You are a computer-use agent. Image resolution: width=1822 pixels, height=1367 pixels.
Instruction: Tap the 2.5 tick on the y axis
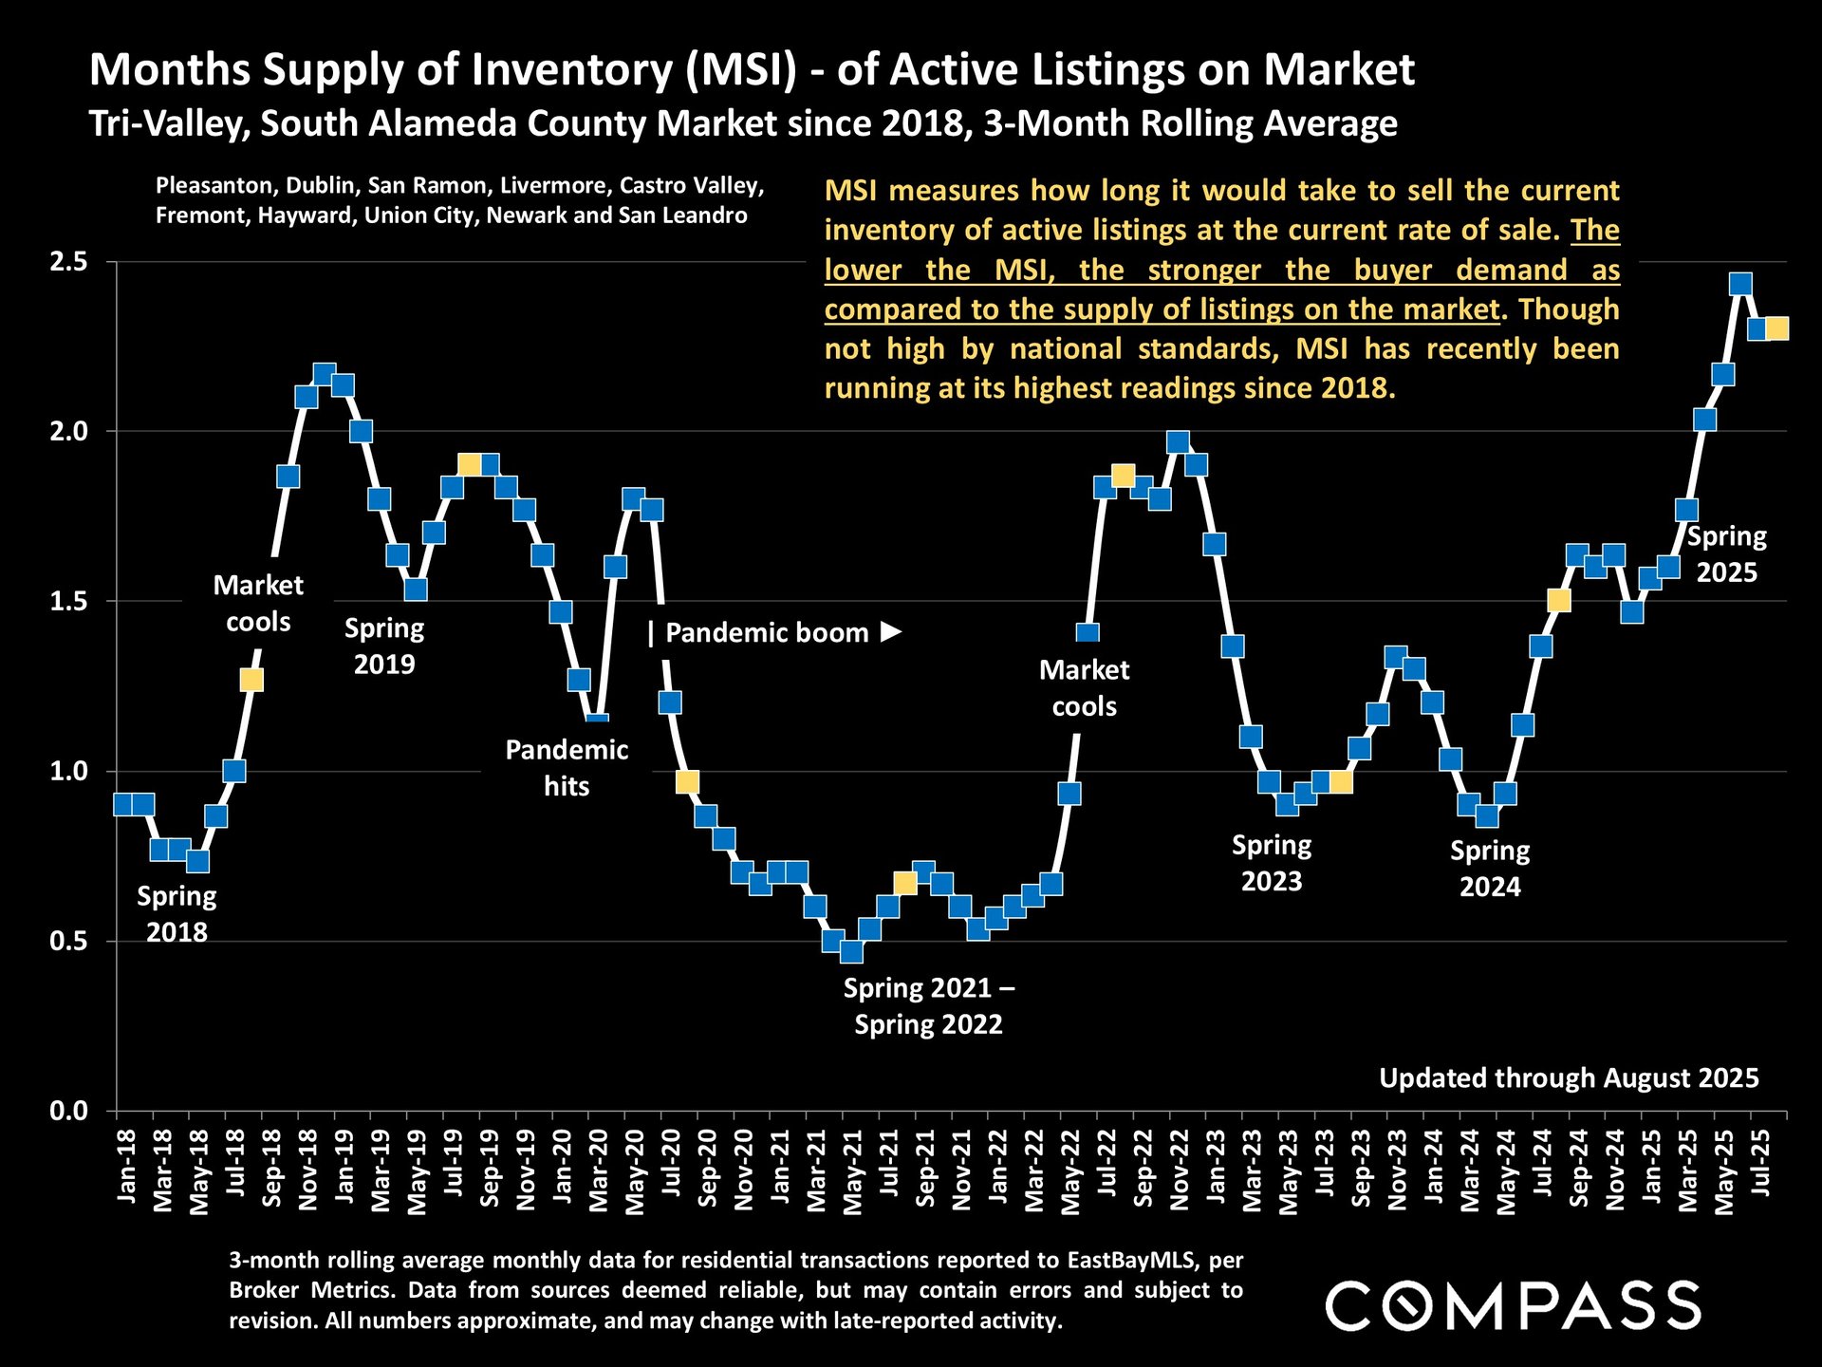click(x=68, y=262)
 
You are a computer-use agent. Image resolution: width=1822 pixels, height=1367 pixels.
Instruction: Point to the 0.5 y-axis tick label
click(x=68, y=942)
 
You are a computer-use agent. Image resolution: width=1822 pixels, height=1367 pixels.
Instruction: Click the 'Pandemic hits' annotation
click(x=567, y=768)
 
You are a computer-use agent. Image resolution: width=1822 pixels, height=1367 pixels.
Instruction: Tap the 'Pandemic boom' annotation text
click(x=767, y=633)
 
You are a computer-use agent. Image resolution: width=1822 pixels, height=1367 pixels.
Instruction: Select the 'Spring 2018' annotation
click(x=177, y=914)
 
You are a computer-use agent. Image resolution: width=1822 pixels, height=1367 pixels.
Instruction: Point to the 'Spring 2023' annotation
click(x=1272, y=863)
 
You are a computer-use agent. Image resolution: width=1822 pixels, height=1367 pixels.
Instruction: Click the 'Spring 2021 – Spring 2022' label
click(x=928, y=1006)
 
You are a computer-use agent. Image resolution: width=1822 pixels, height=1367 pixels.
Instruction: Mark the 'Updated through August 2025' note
click(x=1569, y=1078)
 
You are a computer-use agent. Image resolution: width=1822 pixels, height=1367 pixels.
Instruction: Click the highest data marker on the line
click(x=1740, y=284)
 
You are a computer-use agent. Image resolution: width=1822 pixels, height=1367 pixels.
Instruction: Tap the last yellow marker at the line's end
click(x=1777, y=328)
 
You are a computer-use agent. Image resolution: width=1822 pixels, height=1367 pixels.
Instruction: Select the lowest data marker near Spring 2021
click(x=851, y=951)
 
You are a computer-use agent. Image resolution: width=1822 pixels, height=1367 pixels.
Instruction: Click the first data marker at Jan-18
click(x=123, y=804)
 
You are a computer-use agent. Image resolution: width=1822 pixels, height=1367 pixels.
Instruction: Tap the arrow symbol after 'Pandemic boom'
click(x=890, y=631)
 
